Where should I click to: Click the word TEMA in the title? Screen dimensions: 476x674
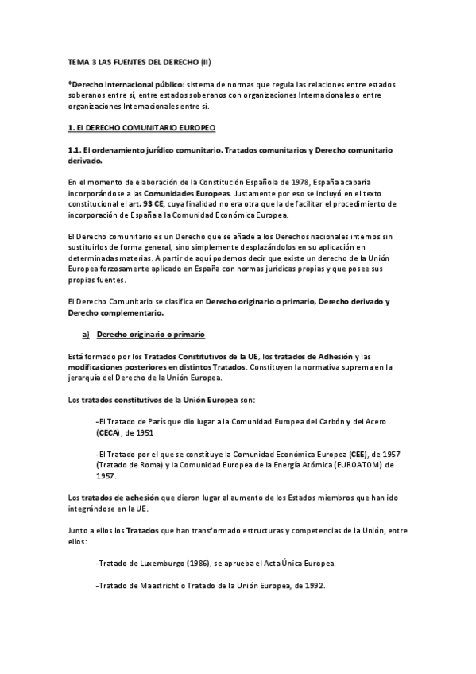coord(75,61)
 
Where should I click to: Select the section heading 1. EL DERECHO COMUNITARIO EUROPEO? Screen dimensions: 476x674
coord(141,127)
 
